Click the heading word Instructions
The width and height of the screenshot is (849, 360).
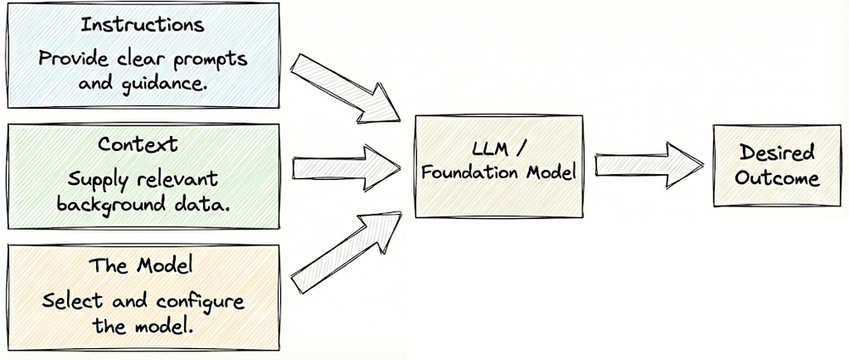(x=142, y=25)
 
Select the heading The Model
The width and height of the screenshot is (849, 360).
(x=141, y=265)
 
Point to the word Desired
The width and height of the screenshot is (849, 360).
(x=777, y=154)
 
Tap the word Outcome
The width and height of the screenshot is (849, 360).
(x=777, y=178)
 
